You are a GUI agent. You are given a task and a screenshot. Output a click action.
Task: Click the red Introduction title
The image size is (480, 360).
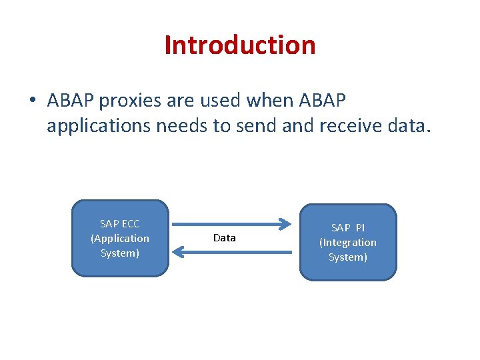(x=239, y=45)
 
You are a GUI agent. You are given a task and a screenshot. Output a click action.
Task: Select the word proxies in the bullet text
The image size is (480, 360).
(x=128, y=101)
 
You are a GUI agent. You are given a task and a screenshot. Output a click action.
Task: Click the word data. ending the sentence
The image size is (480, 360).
(x=410, y=125)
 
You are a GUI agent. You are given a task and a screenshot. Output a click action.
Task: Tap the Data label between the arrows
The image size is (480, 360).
(x=225, y=238)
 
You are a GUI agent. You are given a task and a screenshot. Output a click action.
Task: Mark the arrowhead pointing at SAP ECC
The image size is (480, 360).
(x=177, y=251)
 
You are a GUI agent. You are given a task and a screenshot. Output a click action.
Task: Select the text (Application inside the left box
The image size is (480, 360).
(x=120, y=239)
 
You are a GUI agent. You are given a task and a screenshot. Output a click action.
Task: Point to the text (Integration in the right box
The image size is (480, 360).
(x=347, y=243)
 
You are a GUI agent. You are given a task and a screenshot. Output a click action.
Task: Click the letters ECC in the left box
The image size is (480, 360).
(x=130, y=224)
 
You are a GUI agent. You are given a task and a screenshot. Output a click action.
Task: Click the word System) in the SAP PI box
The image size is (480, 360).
(x=347, y=257)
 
